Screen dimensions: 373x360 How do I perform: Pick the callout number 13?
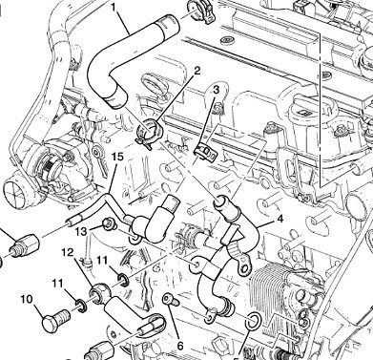pos(81,231)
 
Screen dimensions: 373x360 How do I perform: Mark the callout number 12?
pos(67,253)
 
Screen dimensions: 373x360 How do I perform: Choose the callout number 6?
pos(178,343)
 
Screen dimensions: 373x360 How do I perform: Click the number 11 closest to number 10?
pos(58,284)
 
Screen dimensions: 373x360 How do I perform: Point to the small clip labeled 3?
pos(204,149)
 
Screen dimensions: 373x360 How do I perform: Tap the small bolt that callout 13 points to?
pos(108,225)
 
